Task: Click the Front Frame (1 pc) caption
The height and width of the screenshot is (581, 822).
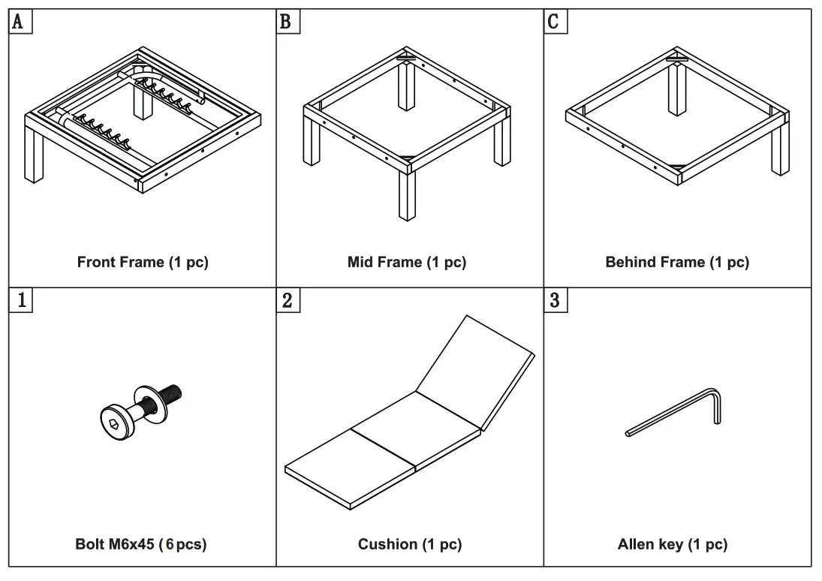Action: click(x=143, y=263)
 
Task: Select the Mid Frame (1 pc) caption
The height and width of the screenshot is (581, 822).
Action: click(x=406, y=263)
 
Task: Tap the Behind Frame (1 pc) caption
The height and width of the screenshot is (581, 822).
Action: click(x=676, y=263)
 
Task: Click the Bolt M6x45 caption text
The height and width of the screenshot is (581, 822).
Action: click(x=140, y=544)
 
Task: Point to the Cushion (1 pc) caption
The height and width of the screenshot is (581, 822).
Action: click(x=409, y=544)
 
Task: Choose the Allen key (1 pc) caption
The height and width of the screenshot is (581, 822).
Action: click(x=672, y=544)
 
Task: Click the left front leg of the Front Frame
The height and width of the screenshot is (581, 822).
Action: click(x=34, y=154)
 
